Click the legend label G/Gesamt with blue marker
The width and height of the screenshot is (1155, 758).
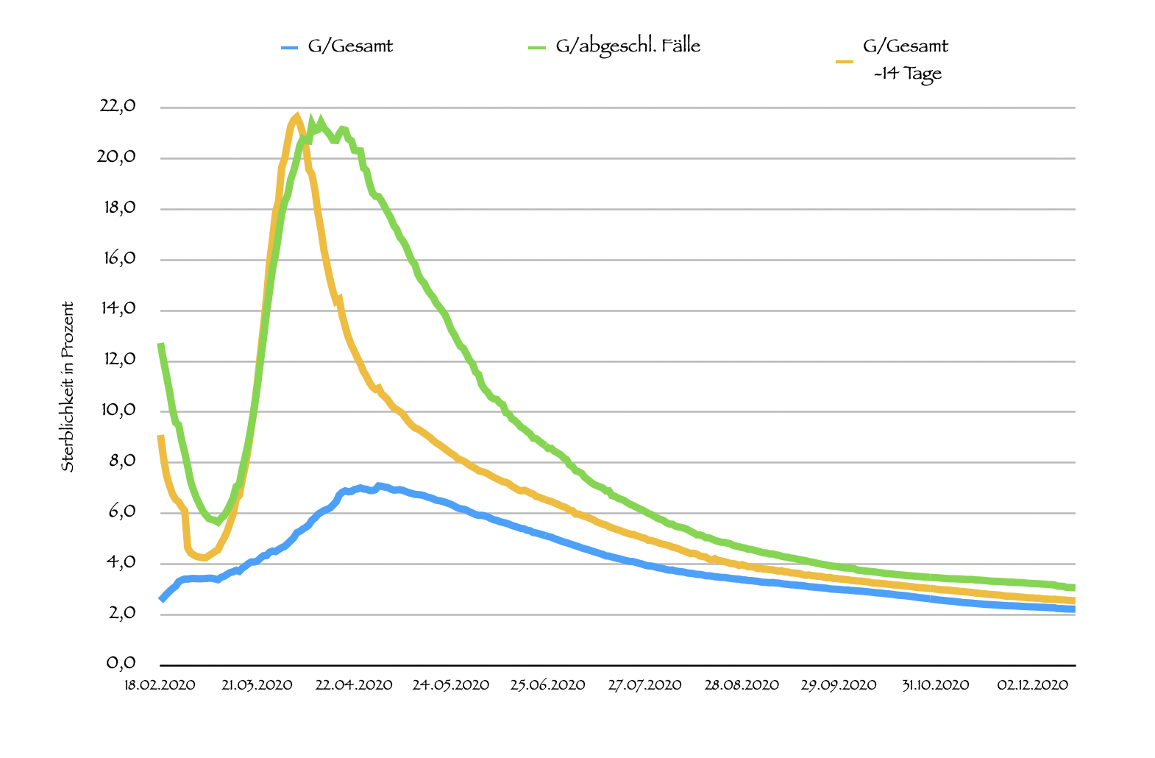350,46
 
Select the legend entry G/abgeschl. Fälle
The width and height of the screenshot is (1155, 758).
628,46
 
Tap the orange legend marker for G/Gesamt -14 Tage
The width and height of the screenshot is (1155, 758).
845,63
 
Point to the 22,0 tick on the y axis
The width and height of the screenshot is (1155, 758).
118,106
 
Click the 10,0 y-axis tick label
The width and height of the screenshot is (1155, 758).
118,410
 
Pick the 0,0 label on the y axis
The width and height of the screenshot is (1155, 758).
121,663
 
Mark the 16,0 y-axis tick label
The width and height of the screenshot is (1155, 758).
118,258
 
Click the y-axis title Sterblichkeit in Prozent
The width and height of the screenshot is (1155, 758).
68,386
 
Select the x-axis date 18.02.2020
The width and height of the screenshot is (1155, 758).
160,685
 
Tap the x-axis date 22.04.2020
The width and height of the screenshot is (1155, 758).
354,685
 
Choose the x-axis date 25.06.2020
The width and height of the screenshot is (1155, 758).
548,685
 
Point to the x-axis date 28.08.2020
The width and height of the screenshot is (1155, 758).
742,685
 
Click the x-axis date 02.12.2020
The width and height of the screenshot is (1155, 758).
1032,685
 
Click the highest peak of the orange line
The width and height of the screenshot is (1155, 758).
296,116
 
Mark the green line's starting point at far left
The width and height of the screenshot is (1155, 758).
160,344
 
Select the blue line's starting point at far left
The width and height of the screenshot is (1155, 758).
161,600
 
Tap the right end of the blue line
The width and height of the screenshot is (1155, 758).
1074,609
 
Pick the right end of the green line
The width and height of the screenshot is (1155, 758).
1074,587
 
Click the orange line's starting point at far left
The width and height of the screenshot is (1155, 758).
160,437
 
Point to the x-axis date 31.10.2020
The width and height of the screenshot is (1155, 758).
936,685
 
